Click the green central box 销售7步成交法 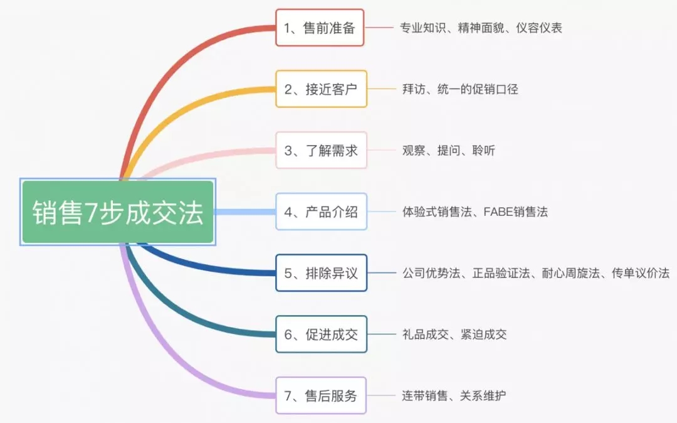coord(118,211)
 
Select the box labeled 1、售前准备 coord(320,28)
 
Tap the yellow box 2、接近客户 coord(321,89)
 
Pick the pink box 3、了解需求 coord(321,151)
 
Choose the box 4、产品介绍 coord(321,211)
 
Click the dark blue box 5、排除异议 coord(321,273)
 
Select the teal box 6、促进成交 coord(321,335)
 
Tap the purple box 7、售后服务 coord(321,396)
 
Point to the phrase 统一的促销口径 coord(478,90)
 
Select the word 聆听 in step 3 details coord(483,151)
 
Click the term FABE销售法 coord(515,212)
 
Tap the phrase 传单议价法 coord(641,274)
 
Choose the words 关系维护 coord(483,396)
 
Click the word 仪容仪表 coord(539,28)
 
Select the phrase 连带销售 coord(425,396)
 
